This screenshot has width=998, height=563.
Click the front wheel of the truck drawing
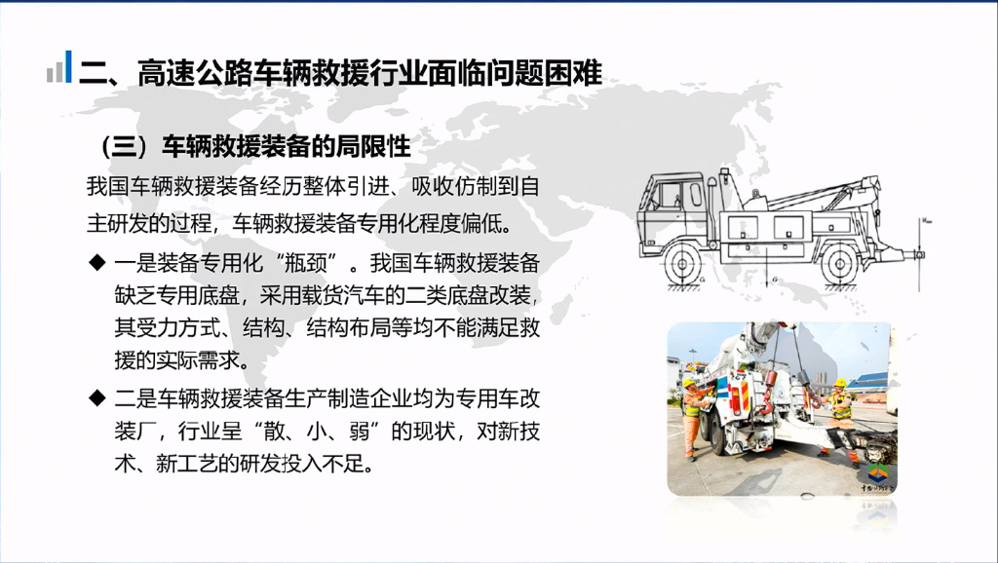tap(683, 263)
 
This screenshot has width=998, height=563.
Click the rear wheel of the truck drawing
tap(840, 263)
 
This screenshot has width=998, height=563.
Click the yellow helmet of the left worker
tap(689, 383)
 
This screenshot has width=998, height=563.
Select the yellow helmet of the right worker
tap(840, 383)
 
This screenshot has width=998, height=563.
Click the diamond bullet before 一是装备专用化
tap(97, 262)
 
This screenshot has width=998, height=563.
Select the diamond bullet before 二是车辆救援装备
tap(97, 398)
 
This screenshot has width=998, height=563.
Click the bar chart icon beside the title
tap(59, 67)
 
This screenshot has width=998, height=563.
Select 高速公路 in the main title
tap(195, 73)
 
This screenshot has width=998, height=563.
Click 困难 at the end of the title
tap(573, 73)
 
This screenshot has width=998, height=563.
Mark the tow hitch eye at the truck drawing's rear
tap(919, 255)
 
